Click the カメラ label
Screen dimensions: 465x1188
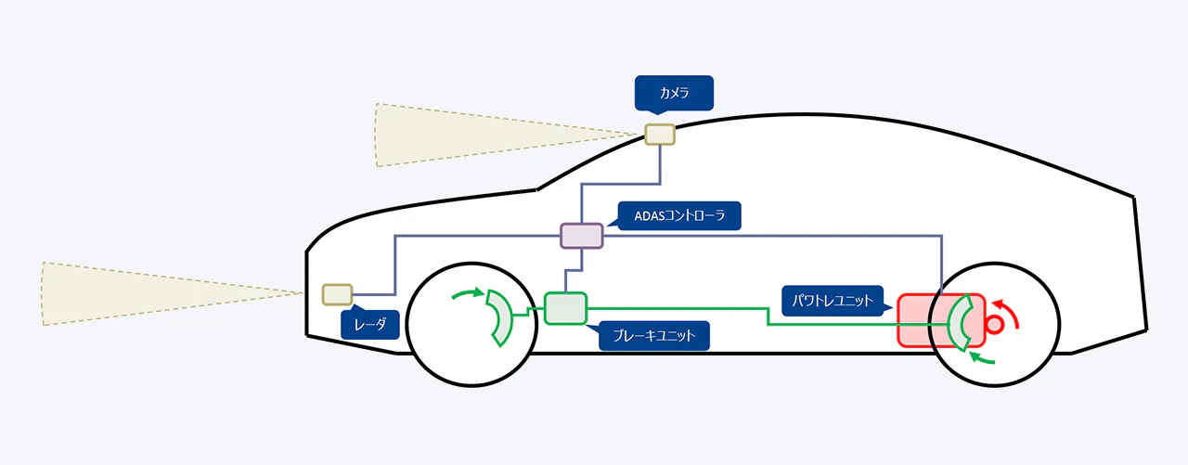point(673,93)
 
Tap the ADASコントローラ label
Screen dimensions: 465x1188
point(681,217)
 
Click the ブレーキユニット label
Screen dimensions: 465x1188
point(654,335)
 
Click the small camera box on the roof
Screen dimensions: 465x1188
point(660,135)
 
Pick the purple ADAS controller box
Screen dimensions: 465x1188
point(582,235)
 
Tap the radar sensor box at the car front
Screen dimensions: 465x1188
point(337,295)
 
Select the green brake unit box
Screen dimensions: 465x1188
point(565,308)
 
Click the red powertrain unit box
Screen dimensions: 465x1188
point(919,321)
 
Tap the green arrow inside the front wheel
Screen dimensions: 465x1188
point(469,294)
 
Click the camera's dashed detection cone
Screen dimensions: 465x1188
point(464,135)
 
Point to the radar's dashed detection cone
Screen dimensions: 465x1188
point(139,293)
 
